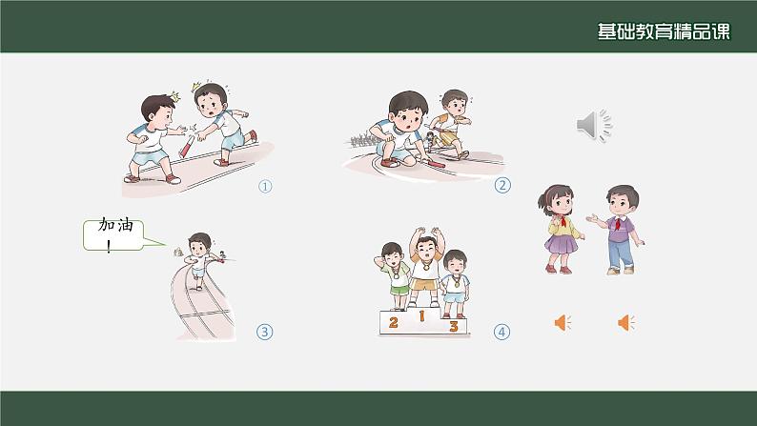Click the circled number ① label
(x=265, y=186)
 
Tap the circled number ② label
(x=502, y=185)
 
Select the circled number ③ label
(x=264, y=332)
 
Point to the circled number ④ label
(x=501, y=332)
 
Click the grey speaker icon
(x=594, y=125)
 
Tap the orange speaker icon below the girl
(x=563, y=322)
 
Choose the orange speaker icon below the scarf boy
(x=626, y=322)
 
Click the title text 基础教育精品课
(x=664, y=31)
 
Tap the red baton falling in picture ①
(x=187, y=147)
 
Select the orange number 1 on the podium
(x=421, y=316)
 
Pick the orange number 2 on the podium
(x=394, y=322)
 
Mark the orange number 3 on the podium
(x=453, y=326)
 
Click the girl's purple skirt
(x=561, y=243)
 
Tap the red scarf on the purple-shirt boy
(x=619, y=223)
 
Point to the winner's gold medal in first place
(x=426, y=266)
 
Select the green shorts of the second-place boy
(x=399, y=290)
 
